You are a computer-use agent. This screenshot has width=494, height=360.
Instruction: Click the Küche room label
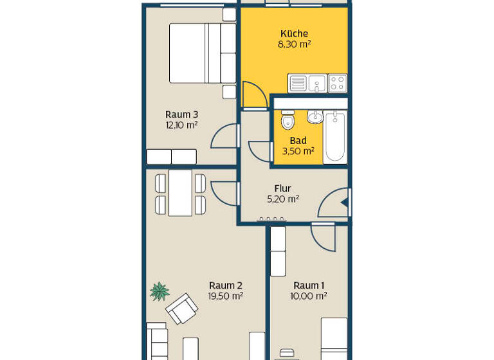[294, 34]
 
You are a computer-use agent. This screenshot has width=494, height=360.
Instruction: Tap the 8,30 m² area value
[294, 44]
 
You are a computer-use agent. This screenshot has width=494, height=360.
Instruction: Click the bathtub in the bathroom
[334, 136]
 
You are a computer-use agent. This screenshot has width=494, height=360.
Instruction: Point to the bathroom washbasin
[315, 117]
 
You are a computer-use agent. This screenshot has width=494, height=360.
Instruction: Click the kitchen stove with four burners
[338, 83]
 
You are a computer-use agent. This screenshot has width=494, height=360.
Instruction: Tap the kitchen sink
[316, 83]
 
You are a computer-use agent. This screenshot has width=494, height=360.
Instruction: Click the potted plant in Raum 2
[160, 292]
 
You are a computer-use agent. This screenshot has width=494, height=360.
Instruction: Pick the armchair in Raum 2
[182, 309]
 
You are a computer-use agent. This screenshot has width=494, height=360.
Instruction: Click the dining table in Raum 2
[181, 193]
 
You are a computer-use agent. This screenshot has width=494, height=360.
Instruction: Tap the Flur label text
[283, 188]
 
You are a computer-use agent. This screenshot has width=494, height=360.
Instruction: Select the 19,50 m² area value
[225, 296]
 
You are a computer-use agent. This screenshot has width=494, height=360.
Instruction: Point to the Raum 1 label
[309, 285]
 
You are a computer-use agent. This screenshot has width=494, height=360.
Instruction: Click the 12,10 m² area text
[181, 125]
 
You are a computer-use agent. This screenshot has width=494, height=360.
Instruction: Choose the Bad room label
[298, 141]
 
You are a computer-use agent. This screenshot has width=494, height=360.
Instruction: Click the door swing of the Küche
[254, 96]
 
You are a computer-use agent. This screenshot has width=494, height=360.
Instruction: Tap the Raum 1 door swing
[324, 239]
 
